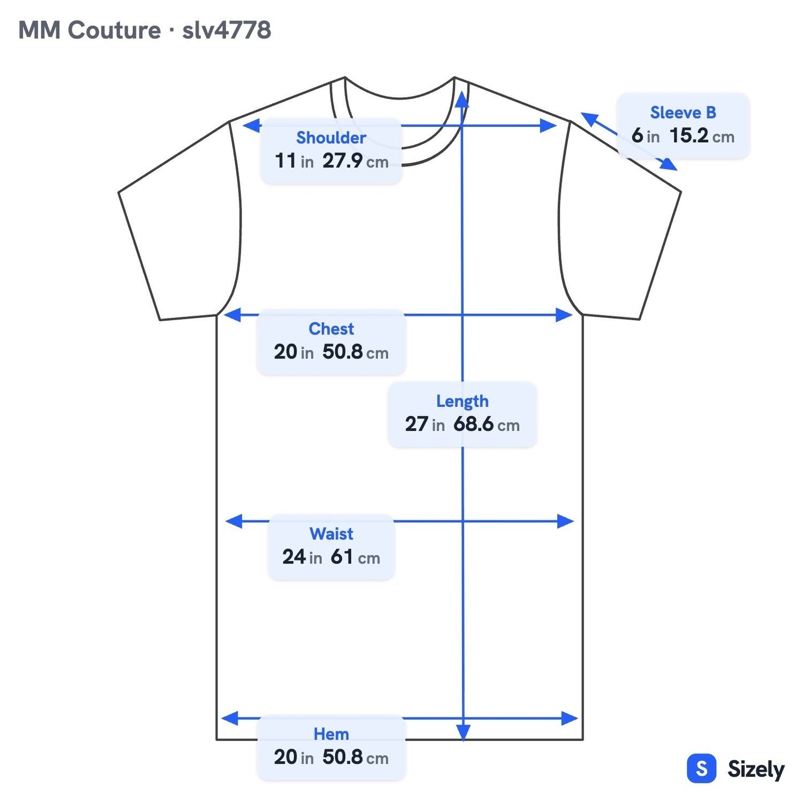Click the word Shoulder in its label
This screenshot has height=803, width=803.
tap(331, 137)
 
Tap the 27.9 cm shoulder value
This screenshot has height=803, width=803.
tap(355, 161)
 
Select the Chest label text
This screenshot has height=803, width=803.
tap(331, 329)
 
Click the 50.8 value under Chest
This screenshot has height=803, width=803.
tap(342, 352)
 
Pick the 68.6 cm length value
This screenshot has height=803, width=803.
tap(486, 424)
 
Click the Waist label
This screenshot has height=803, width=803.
tap(331, 534)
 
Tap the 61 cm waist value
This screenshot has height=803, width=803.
tap(355, 557)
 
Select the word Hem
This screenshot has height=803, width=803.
tap(331, 734)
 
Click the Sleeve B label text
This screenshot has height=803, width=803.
tap(683, 112)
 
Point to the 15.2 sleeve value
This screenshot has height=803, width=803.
tap(689, 136)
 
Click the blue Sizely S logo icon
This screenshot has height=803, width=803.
tap(702, 768)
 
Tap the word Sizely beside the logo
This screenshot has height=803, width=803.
tap(756, 769)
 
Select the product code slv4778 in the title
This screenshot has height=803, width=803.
tap(227, 30)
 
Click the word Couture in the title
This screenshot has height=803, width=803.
tap(114, 30)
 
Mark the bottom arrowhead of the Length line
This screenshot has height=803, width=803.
tap(463, 732)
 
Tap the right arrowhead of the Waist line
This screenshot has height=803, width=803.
tap(566, 521)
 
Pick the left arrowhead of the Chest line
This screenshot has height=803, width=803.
tap(232, 315)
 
